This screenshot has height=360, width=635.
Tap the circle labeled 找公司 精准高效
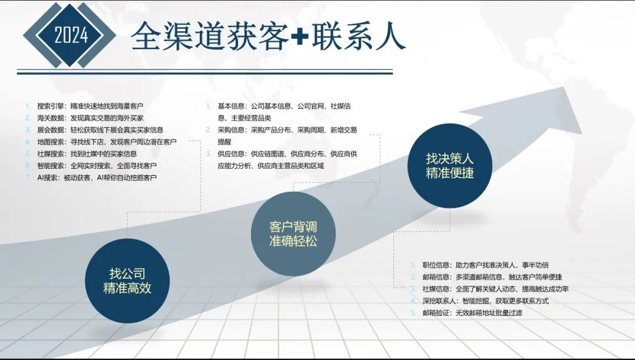(127, 281)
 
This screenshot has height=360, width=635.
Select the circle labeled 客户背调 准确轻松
(293, 234)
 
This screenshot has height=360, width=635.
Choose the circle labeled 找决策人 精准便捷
(450, 166)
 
